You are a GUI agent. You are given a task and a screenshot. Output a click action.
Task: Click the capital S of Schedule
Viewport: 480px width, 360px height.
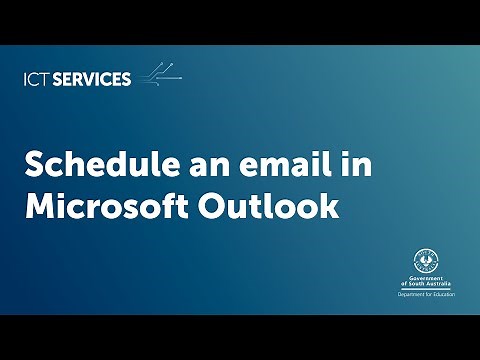34,164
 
